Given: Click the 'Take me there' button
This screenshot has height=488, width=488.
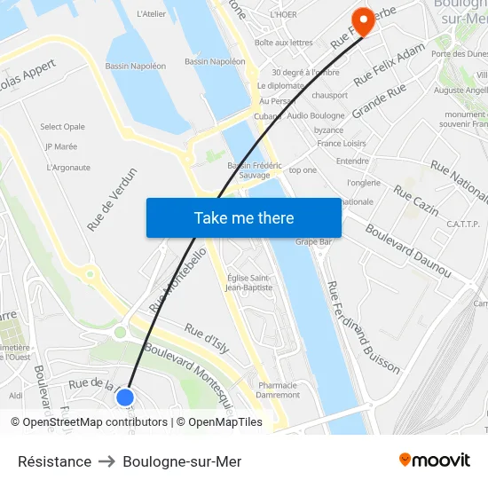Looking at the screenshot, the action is (x=244, y=217).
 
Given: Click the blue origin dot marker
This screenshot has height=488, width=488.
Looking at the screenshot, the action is (x=125, y=397).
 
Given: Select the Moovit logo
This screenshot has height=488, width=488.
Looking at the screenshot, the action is (x=434, y=460).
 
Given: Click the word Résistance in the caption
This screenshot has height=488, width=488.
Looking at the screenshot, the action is (x=54, y=461).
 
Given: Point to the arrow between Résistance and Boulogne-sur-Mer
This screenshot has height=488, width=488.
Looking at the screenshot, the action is (x=107, y=461).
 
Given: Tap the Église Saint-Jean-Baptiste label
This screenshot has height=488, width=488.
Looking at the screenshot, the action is (x=249, y=282).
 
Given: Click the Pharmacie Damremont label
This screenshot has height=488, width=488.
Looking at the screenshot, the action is (x=279, y=390).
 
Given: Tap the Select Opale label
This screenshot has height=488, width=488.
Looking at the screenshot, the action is (x=63, y=127).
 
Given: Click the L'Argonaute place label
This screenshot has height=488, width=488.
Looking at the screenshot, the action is (x=68, y=167).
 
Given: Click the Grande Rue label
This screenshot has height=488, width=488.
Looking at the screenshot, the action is (x=379, y=101).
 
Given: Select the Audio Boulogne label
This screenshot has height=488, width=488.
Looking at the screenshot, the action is (x=316, y=115).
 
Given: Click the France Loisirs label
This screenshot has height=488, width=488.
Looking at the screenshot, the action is (x=342, y=143).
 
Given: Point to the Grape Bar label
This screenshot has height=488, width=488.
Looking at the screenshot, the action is (x=313, y=241).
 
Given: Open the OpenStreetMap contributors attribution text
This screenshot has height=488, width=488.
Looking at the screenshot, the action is (x=89, y=422).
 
